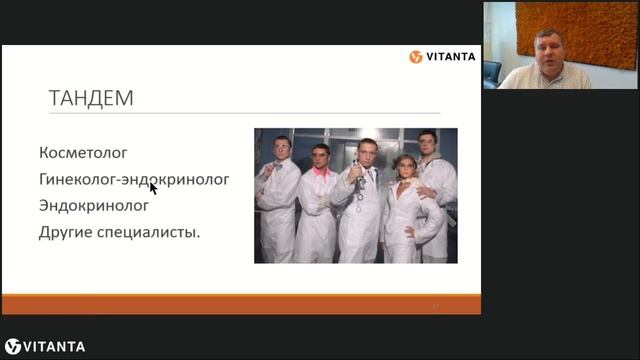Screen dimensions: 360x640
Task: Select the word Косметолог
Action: point(83,153)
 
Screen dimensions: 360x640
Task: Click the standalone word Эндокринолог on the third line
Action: point(94,206)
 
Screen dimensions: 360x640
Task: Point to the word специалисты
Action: point(149,233)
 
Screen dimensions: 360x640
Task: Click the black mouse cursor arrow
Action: point(153,187)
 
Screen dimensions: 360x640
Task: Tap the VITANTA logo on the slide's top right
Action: point(442,57)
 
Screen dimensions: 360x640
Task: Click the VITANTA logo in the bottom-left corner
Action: point(45,347)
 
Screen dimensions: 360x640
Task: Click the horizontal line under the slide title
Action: point(240,112)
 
